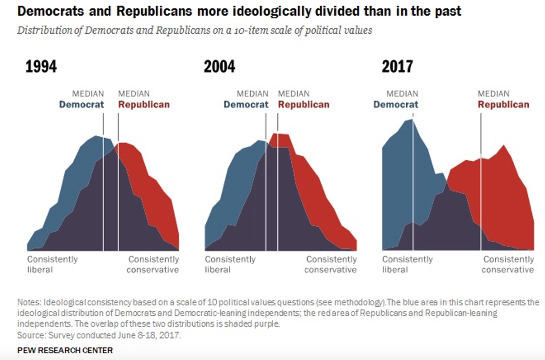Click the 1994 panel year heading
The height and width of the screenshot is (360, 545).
click(x=41, y=67)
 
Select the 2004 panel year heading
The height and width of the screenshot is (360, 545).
click(x=219, y=67)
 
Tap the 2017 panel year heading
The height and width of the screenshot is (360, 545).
click(x=397, y=67)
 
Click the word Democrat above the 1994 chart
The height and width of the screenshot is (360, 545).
click(x=81, y=105)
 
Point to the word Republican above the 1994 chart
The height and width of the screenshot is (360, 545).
click(x=144, y=105)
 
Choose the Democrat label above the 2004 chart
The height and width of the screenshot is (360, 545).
click(x=246, y=105)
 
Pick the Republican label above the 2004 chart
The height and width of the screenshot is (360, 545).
click(x=304, y=105)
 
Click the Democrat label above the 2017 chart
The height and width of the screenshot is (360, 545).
click(x=396, y=105)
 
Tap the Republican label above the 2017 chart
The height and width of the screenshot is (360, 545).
click(x=503, y=105)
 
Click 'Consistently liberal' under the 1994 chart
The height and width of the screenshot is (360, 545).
click(x=52, y=264)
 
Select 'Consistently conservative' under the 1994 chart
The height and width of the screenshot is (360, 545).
click(x=153, y=264)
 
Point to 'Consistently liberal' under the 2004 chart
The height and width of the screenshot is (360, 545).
click(x=230, y=264)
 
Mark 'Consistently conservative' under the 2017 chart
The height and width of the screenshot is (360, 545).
click(x=508, y=264)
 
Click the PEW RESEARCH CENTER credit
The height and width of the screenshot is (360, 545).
click(x=65, y=350)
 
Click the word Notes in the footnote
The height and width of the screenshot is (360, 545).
click(x=29, y=302)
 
